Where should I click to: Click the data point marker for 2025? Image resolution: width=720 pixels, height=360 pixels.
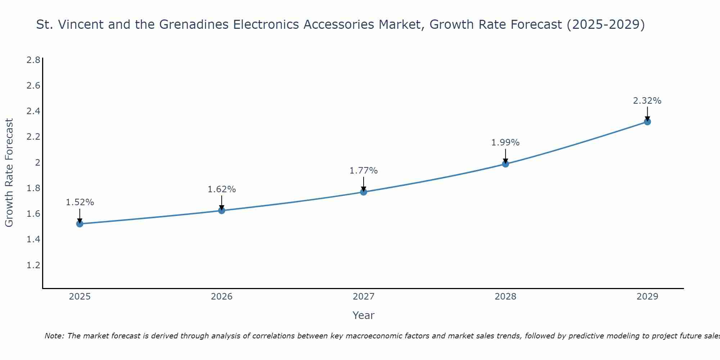pyautogui.click(x=80, y=224)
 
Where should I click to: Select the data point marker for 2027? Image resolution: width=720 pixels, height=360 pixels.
pyautogui.click(x=364, y=192)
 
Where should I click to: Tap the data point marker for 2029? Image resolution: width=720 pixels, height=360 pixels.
pyautogui.click(x=647, y=122)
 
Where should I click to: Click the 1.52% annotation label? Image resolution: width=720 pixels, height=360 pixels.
pyautogui.click(x=80, y=202)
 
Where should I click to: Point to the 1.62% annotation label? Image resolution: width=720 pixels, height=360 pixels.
pyautogui.click(x=221, y=189)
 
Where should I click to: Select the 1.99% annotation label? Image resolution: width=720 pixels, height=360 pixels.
pyautogui.click(x=505, y=143)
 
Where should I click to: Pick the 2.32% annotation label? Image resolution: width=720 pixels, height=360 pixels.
pyautogui.click(x=647, y=101)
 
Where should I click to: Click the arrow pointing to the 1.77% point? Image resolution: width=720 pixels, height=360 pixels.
pyautogui.click(x=364, y=184)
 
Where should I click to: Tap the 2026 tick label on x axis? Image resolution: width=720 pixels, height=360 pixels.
pyautogui.click(x=221, y=297)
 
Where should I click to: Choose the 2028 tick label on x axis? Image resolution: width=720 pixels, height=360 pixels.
pyautogui.click(x=505, y=297)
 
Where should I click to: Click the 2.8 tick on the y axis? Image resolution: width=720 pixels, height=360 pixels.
pyautogui.click(x=33, y=60)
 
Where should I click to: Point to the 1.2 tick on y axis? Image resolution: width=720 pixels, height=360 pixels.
pyautogui.click(x=33, y=265)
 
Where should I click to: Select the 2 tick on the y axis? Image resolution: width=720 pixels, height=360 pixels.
pyautogui.click(x=37, y=162)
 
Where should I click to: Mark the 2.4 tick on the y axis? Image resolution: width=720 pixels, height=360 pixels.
pyautogui.click(x=33, y=111)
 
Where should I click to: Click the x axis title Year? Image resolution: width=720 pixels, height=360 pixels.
pyautogui.click(x=363, y=315)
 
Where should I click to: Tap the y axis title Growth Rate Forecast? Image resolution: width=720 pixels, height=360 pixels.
pyautogui.click(x=9, y=173)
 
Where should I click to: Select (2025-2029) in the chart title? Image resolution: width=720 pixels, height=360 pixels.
pyautogui.click(x=606, y=24)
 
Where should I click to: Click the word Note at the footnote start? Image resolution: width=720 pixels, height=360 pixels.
pyautogui.click(x=54, y=336)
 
